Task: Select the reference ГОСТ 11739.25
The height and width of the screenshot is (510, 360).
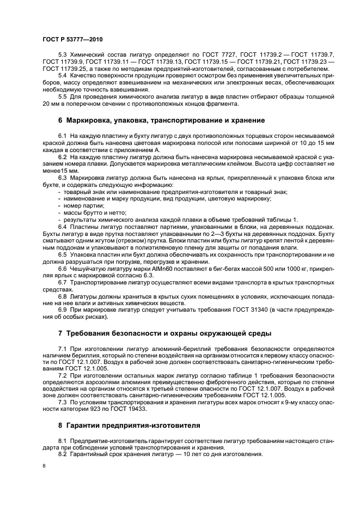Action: click(62, 70)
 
